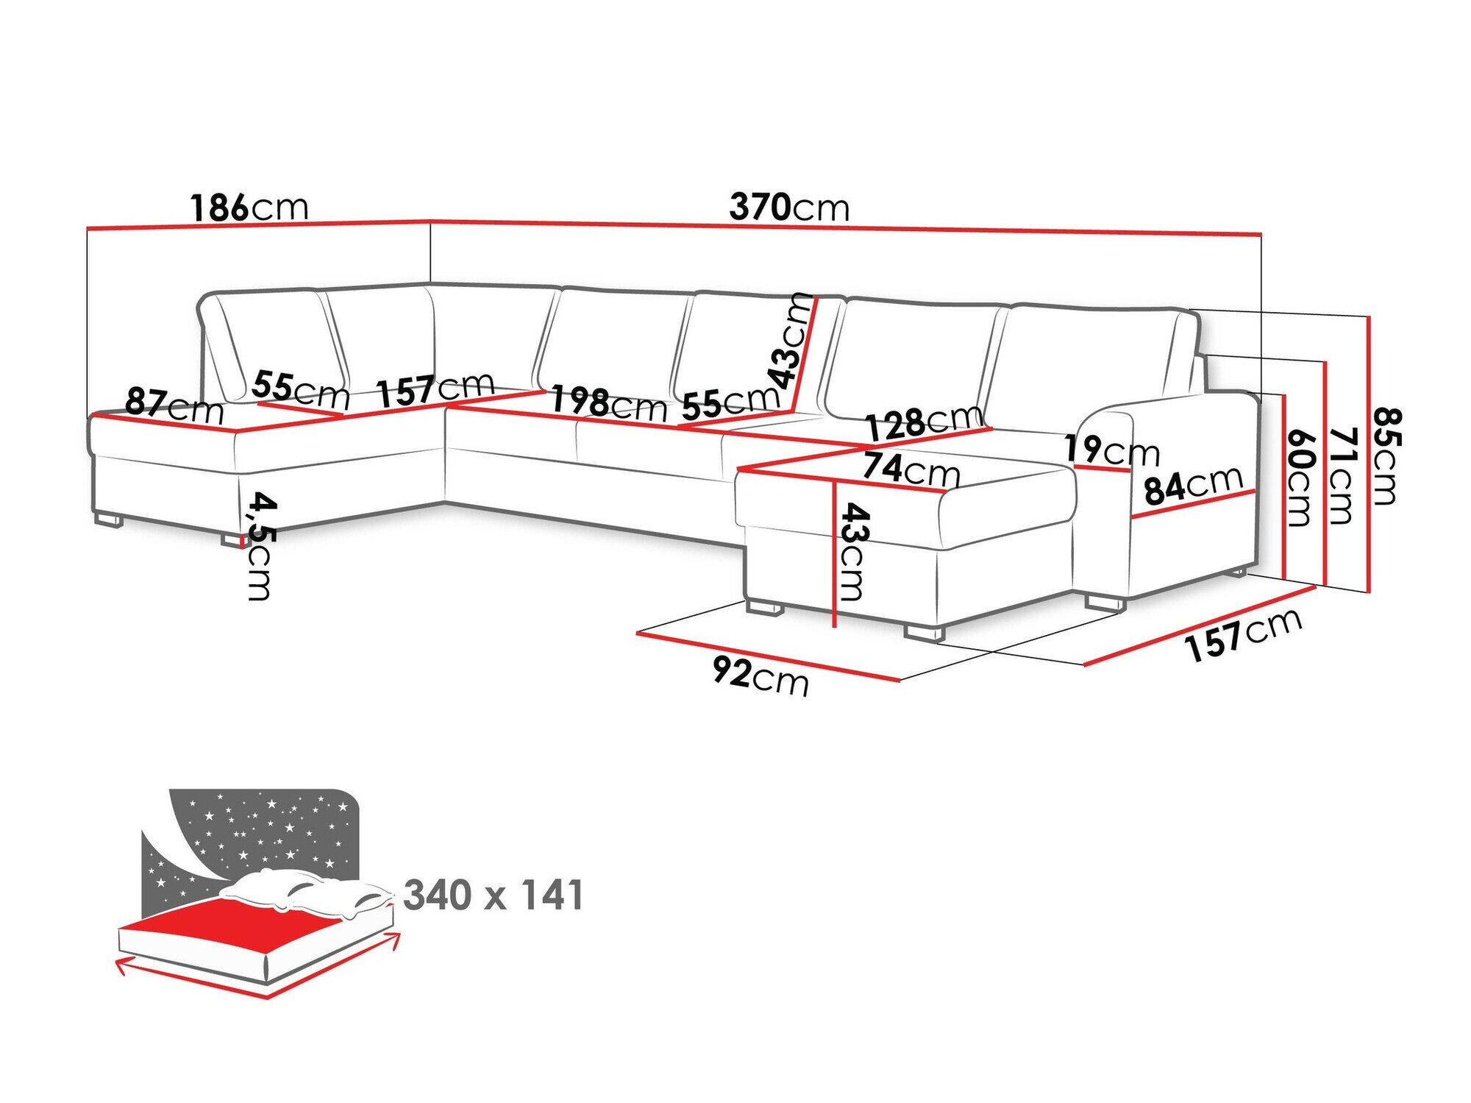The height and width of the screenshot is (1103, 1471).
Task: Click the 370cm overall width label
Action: (x=789, y=208)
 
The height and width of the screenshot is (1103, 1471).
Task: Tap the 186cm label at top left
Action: (x=249, y=208)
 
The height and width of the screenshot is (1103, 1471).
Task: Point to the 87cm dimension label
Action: (x=174, y=405)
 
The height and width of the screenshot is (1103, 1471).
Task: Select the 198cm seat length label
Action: (x=609, y=403)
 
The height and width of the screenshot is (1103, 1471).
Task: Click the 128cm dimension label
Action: (x=924, y=422)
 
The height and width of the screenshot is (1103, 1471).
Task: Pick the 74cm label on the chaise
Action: (x=911, y=469)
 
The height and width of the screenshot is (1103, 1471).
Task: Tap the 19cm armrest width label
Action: (x=1111, y=450)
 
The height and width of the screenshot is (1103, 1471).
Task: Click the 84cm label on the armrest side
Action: (x=1193, y=486)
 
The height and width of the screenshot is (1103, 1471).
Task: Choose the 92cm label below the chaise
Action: (x=761, y=675)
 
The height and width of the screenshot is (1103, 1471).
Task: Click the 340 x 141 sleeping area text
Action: (x=494, y=895)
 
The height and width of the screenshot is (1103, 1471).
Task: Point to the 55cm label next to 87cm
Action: (x=300, y=389)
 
